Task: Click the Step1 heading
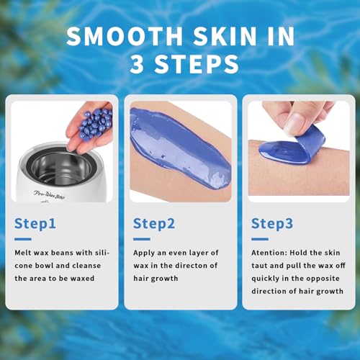pos(35,224)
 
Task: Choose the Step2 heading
pos(154,224)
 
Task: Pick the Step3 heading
pos(272,224)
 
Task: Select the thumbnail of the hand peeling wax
pos(298,148)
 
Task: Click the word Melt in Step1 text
pos(22,253)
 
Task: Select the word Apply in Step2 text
pos(144,253)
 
